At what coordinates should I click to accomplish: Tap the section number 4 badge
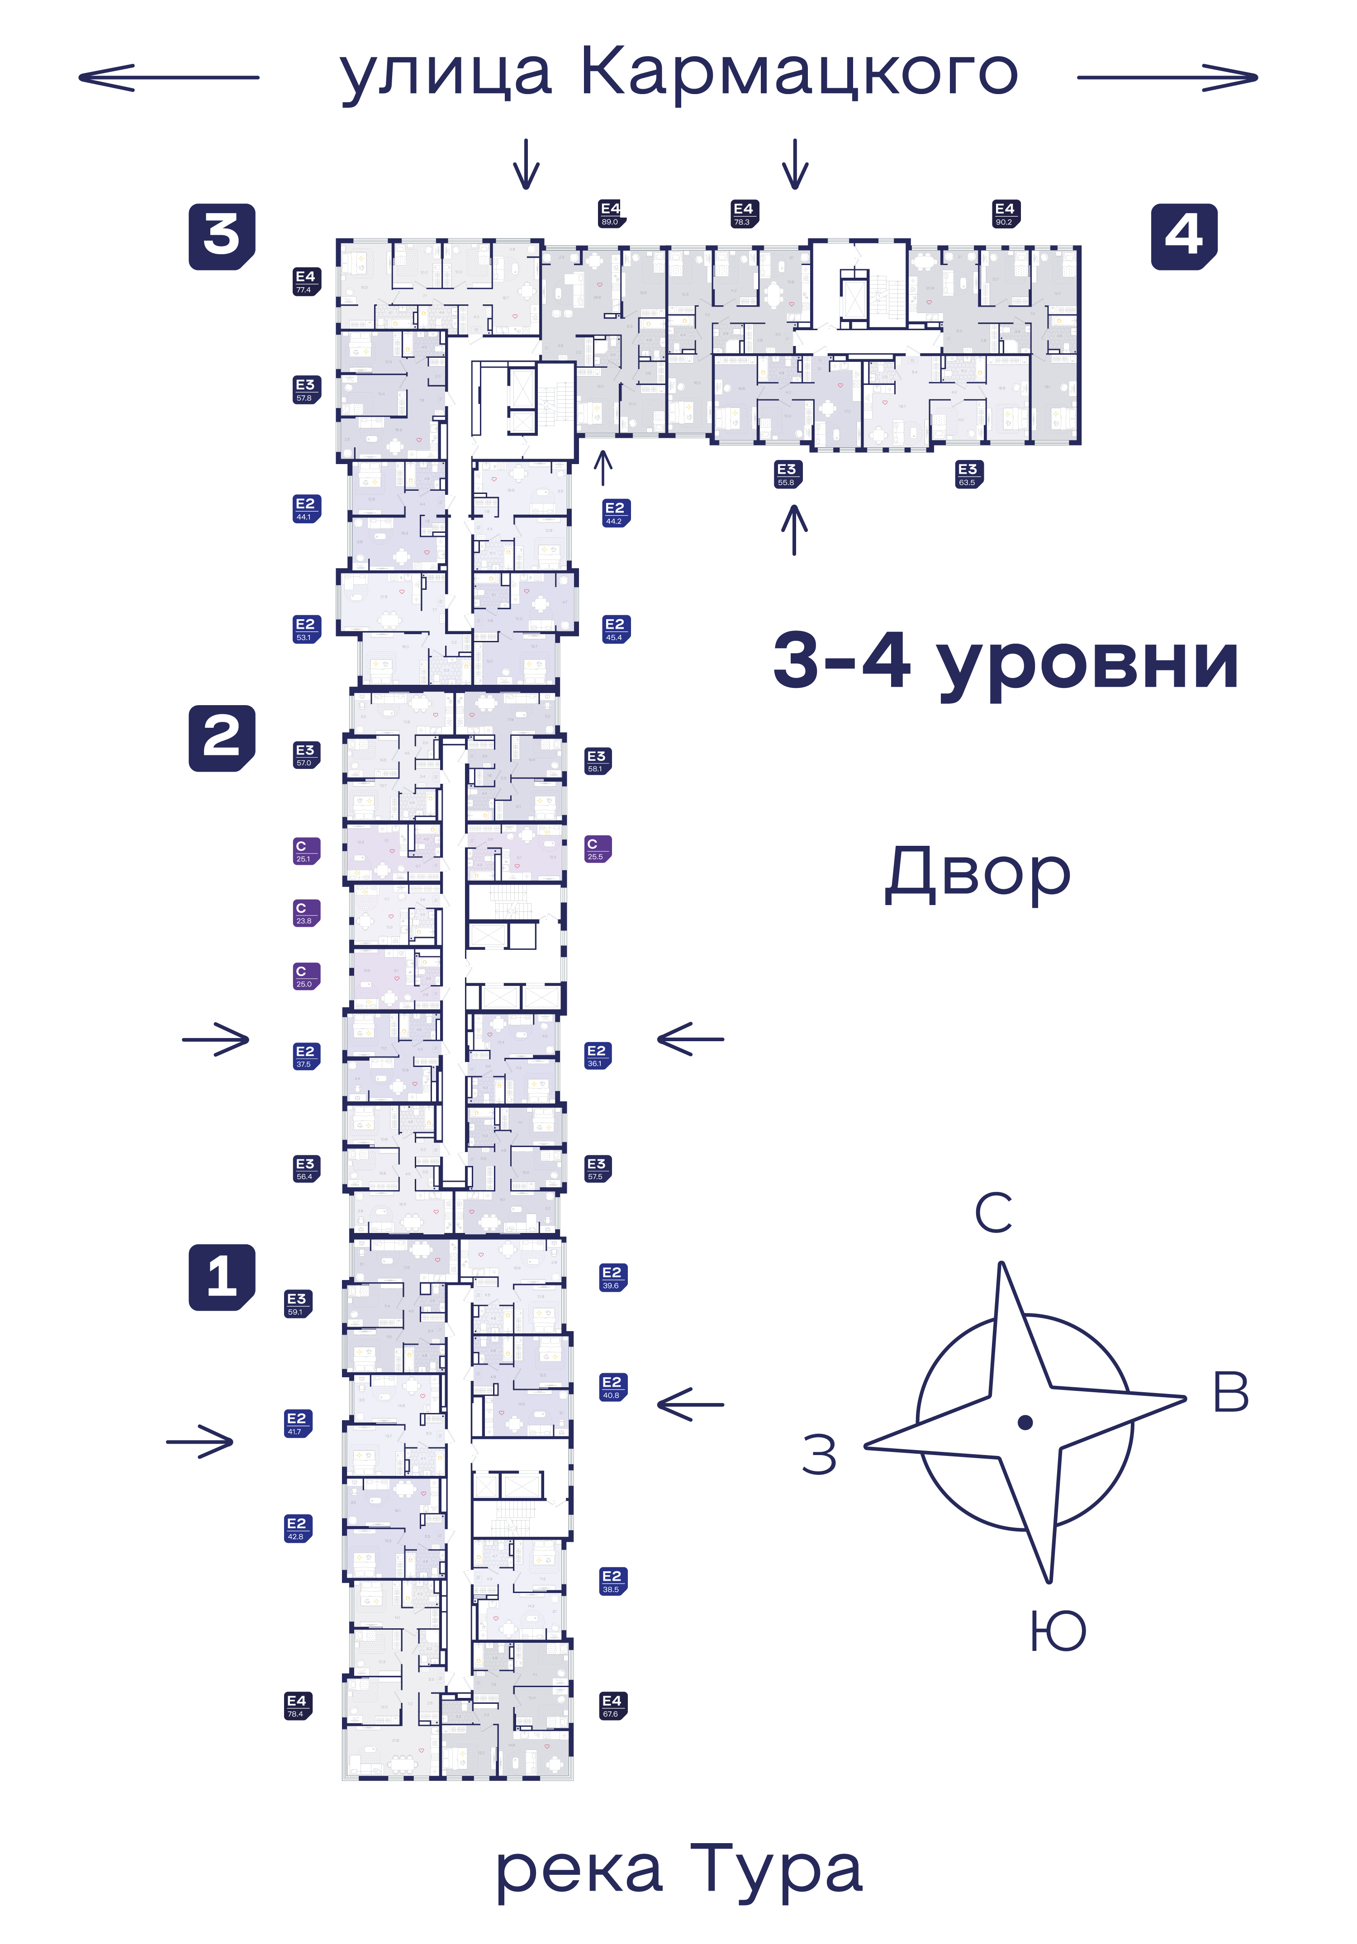click(x=1183, y=236)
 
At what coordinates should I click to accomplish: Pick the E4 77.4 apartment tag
click(x=306, y=281)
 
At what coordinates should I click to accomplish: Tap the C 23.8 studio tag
click(x=306, y=913)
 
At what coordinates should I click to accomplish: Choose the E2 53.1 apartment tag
click(x=306, y=629)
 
